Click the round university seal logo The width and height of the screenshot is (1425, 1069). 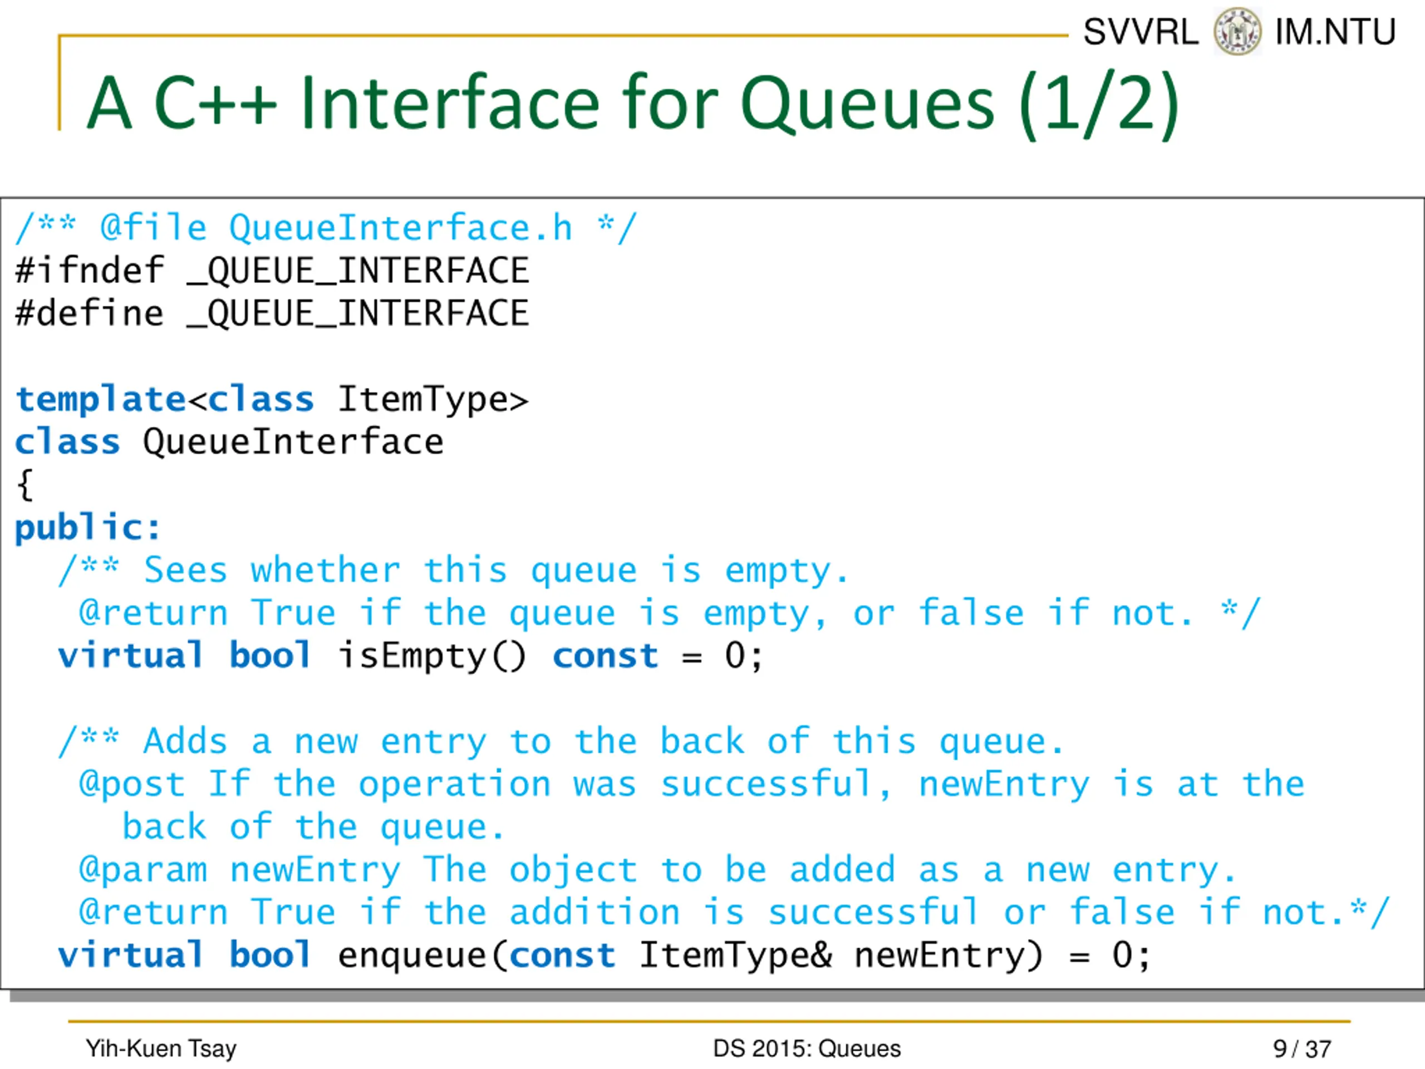1237,32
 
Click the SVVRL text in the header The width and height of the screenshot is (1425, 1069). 1140,32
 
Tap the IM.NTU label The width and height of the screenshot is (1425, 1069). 1335,32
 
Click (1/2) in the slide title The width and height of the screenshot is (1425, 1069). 1099,104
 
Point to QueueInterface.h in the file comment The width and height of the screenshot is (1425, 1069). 401,228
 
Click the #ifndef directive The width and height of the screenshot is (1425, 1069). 90,271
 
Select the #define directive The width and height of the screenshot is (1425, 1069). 90,314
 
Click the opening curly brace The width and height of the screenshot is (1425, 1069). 25,484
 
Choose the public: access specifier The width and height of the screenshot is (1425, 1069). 87,528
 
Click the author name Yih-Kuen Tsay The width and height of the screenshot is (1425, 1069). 161,1049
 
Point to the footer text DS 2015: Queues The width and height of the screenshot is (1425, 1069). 807,1049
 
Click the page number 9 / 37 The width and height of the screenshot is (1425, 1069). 1302,1049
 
